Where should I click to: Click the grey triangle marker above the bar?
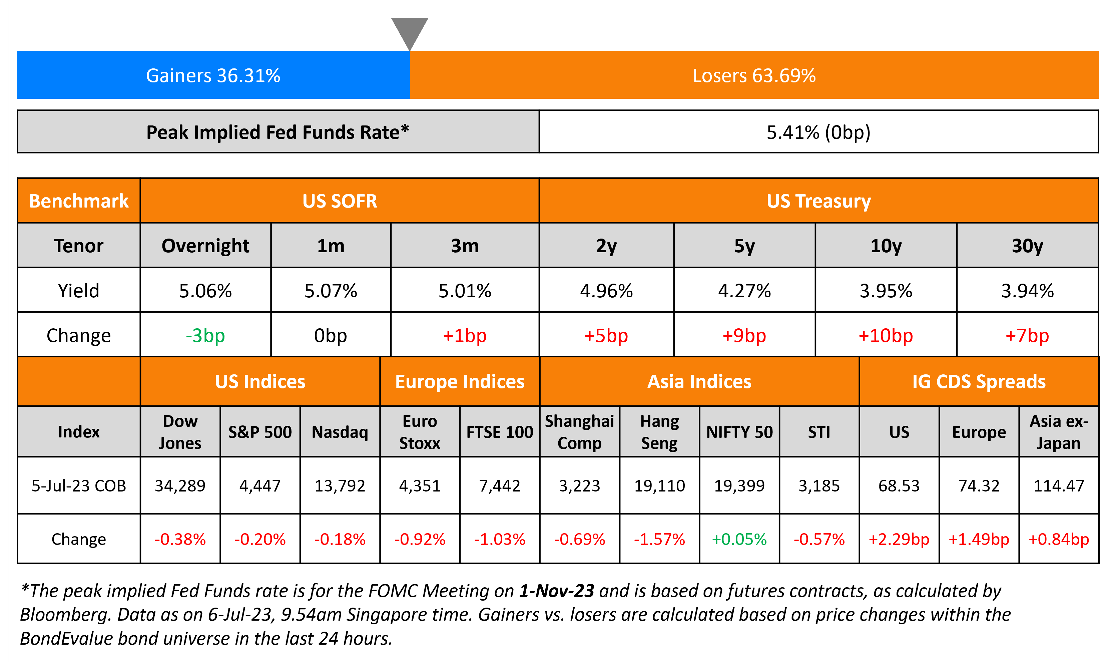tap(409, 31)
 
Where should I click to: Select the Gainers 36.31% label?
tap(213, 75)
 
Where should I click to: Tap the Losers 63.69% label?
tap(754, 75)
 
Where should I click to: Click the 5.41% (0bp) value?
tap(818, 132)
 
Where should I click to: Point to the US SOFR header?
tap(340, 201)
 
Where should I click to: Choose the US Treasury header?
tap(818, 201)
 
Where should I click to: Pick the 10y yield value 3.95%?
tap(886, 291)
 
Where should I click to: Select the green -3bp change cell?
tap(205, 335)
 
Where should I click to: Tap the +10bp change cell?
tap(886, 335)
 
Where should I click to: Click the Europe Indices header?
tap(460, 382)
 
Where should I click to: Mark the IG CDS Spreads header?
tap(979, 382)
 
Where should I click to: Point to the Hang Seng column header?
tap(659, 432)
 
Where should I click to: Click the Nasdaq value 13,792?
tap(340, 486)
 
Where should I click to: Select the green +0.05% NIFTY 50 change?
tap(739, 539)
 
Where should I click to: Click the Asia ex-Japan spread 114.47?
tap(1059, 486)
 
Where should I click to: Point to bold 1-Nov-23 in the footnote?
tap(556, 591)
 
